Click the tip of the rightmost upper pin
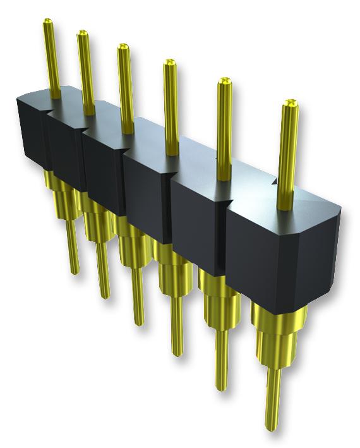tap(289, 103)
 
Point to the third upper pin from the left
tap(125, 82)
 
